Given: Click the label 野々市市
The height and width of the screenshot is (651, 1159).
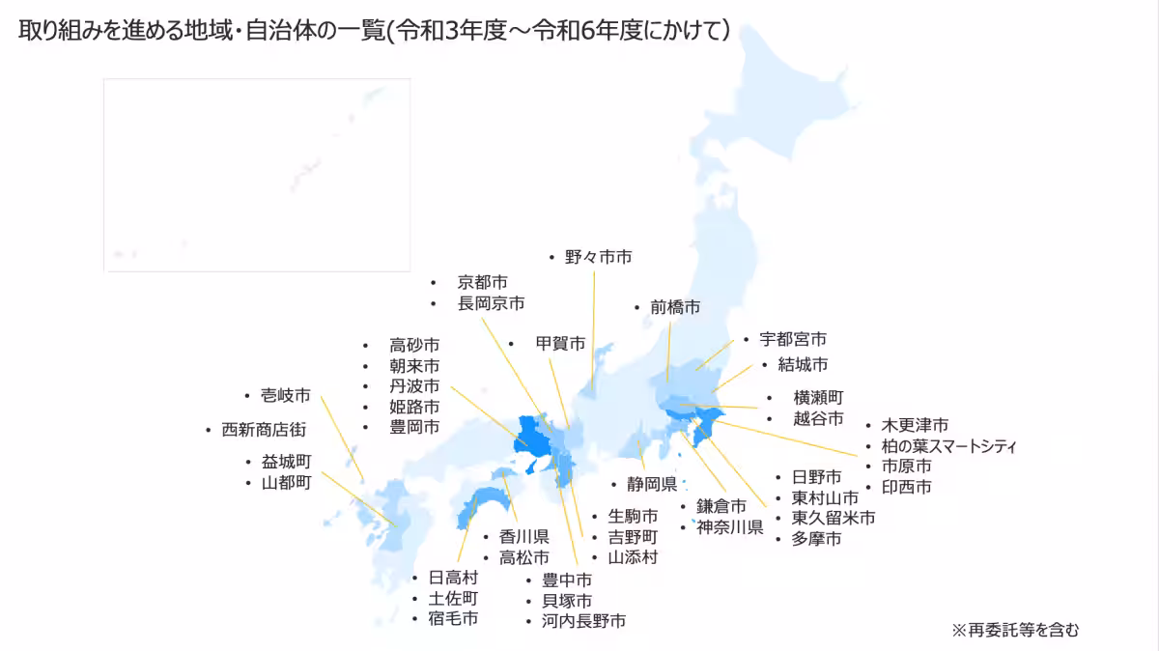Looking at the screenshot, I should (x=598, y=257).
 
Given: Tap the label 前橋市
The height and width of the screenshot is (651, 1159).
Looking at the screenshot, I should (x=674, y=307).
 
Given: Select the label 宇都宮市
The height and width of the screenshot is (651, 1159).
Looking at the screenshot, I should (x=792, y=339).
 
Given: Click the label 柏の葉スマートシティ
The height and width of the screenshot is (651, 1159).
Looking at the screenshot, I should (x=948, y=445).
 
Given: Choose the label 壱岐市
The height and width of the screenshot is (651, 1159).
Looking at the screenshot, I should (x=285, y=395).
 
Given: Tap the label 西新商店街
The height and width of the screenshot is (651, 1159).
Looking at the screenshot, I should (x=264, y=430).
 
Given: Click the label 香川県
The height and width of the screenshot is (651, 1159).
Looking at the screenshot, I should (x=523, y=537).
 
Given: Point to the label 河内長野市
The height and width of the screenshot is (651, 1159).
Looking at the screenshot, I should (x=582, y=621).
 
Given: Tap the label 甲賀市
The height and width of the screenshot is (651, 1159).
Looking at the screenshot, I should (x=560, y=343).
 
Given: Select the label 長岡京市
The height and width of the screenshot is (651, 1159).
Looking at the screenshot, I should (x=491, y=303).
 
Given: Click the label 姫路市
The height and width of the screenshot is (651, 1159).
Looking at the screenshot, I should (x=413, y=407).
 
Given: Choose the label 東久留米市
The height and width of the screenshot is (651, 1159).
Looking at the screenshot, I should (x=833, y=518).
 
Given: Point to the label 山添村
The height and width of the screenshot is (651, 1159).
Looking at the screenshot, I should (x=632, y=557).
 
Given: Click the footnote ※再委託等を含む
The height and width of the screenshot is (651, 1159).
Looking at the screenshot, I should (x=1015, y=630).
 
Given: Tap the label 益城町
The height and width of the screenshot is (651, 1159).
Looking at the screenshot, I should (x=286, y=462).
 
